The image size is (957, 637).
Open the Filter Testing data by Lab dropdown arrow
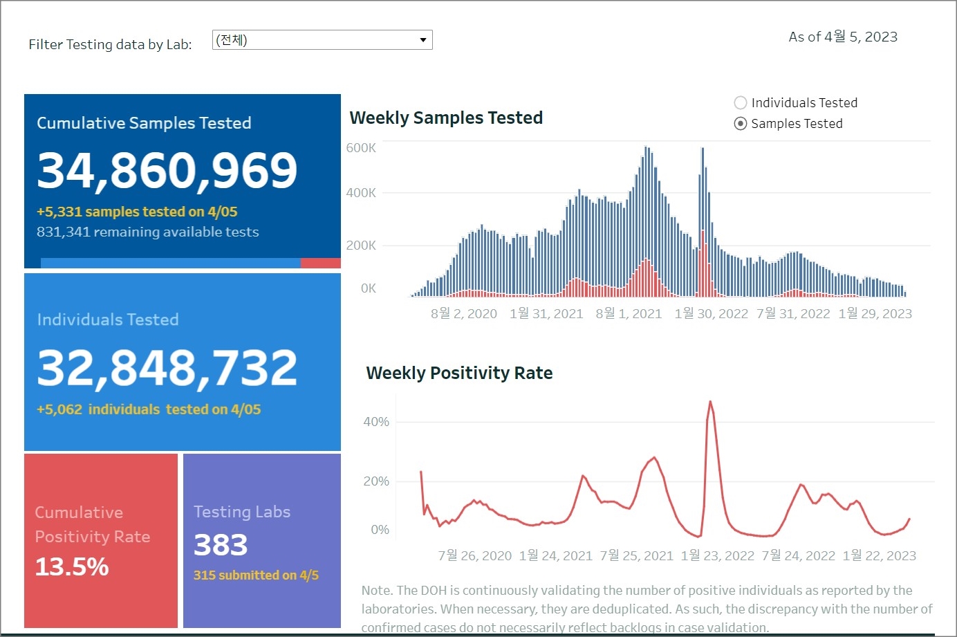[x=422, y=40]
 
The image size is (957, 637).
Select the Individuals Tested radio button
[x=741, y=103]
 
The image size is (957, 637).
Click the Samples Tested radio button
[x=741, y=124]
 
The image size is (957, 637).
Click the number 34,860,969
[x=167, y=170]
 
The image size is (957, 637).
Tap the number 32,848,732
[x=167, y=367]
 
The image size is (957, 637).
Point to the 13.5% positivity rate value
[x=72, y=567]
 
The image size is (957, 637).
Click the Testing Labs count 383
[x=221, y=545]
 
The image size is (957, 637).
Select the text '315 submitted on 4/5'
[x=256, y=575]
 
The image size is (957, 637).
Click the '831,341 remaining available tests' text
[x=147, y=232]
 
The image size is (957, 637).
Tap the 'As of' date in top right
[x=843, y=37]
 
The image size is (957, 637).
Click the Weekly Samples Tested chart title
[x=446, y=118]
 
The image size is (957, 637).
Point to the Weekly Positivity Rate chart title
[x=459, y=373]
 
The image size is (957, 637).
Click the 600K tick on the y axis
[x=361, y=148]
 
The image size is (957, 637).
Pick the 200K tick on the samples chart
[x=361, y=246]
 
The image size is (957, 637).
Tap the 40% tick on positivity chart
[x=376, y=422]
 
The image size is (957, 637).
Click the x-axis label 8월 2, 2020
[x=463, y=314]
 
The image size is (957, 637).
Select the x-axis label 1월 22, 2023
[x=879, y=556]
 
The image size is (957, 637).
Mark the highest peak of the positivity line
[x=710, y=402]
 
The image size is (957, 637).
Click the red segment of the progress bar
[x=321, y=263]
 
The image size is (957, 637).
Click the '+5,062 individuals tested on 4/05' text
[x=149, y=409]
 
